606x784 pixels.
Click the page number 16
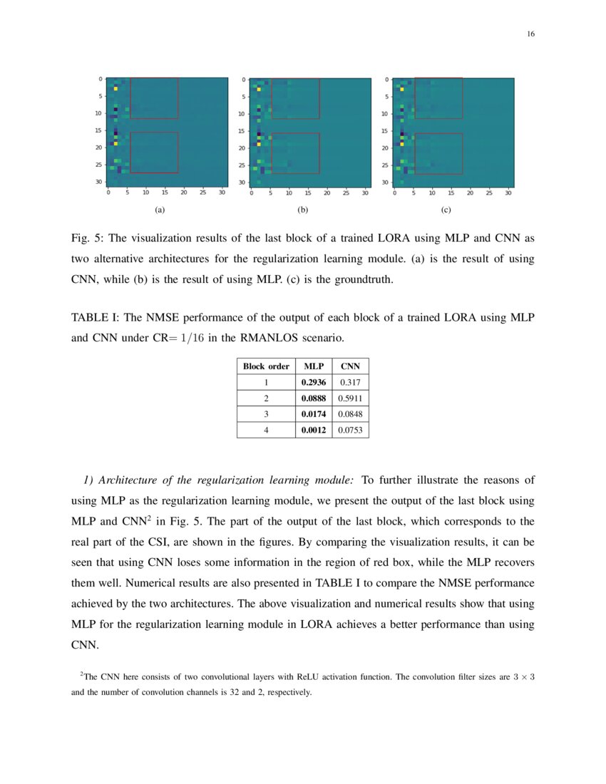point(530,34)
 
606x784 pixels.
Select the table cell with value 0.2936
point(314,383)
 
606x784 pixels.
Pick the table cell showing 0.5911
point(350,398)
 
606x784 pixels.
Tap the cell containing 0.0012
point(314,430)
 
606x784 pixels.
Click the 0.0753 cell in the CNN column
point(350,430)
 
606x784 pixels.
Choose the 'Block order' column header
point(266,366)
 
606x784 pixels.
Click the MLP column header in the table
point(314,366)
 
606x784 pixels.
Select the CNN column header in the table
point(350,366)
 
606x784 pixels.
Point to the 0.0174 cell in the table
point(314,414)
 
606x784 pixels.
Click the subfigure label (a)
point(160,210)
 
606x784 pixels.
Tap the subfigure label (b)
point(302,210)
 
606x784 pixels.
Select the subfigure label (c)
point(446,210)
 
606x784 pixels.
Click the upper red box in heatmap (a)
point(154,98)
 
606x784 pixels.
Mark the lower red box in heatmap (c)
point(438,153)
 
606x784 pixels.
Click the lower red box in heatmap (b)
point(295,153)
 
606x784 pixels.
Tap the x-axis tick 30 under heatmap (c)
point(508,193)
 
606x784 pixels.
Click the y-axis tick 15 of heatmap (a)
point(101,130)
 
